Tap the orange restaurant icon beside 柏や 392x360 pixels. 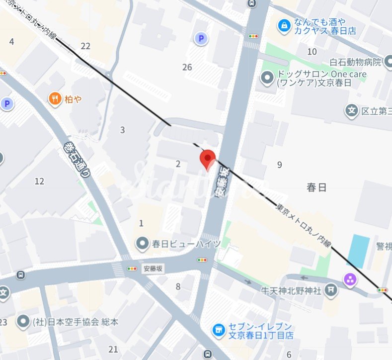coord(55,99)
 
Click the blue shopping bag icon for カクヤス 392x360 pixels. coord(284,26)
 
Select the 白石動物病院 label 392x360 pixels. coord(355,62)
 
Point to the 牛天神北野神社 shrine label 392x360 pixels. coord(291,290)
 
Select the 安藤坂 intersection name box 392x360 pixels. coord(153,269)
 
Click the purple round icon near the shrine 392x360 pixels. coord(350,280)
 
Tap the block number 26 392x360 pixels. coord(187,67)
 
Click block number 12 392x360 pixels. coord(39,181)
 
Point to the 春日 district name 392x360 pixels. coord(316,187)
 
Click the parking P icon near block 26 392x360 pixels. coord(201,38)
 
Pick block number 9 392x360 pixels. coord(280,165)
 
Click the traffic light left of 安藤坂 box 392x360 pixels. coord(132,269)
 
